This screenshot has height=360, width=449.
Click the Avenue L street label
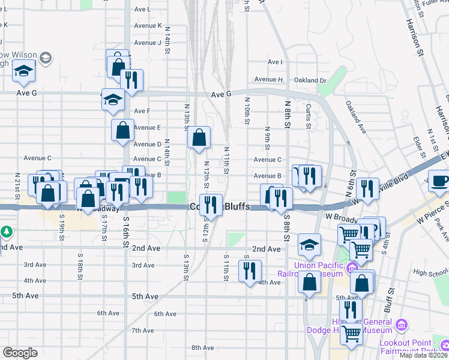[143, 10]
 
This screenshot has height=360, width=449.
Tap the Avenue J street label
[148, 43]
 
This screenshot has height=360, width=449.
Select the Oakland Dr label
[310, 80]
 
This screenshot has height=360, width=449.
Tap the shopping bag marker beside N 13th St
[199, 137]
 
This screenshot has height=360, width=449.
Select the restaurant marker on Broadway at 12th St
[211, 204]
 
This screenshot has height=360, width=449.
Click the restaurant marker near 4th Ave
[250, 271]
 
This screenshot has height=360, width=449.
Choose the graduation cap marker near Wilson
[23, 71]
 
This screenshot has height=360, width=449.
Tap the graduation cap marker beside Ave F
[112, 99]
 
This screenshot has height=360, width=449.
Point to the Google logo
[20, 353]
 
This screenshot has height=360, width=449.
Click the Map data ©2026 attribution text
[424, 355]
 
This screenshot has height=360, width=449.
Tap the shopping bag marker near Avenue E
[122, 130]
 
